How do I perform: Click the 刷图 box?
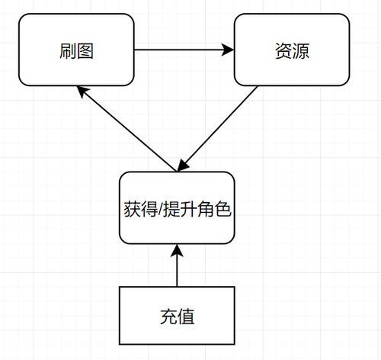coord(76,50)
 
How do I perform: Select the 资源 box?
coord(292,50)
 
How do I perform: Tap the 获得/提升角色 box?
coord(177,207)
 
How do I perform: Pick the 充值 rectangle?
coord(177,316)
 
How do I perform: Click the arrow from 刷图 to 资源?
coord(184,50)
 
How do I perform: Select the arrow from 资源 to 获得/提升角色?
coord(217,129)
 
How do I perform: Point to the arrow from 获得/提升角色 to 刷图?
coord(126,129)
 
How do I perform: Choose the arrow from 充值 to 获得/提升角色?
coord(177,265)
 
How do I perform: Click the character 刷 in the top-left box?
coord(68,51)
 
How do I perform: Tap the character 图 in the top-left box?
coord(85,51)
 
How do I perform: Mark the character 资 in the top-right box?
coord(283,51)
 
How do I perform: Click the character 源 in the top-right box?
coord(301,51)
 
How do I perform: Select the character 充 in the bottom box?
coord(168,317)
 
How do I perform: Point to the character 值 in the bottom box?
coord(186,317)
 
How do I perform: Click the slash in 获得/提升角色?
coord(161,210)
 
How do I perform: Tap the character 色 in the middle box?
coord(223,209)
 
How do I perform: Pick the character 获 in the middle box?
coord(133,209)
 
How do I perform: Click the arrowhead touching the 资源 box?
coord(228,50)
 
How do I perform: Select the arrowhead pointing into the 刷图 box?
coord(82,92)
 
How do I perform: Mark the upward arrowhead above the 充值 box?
coord(177,251)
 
